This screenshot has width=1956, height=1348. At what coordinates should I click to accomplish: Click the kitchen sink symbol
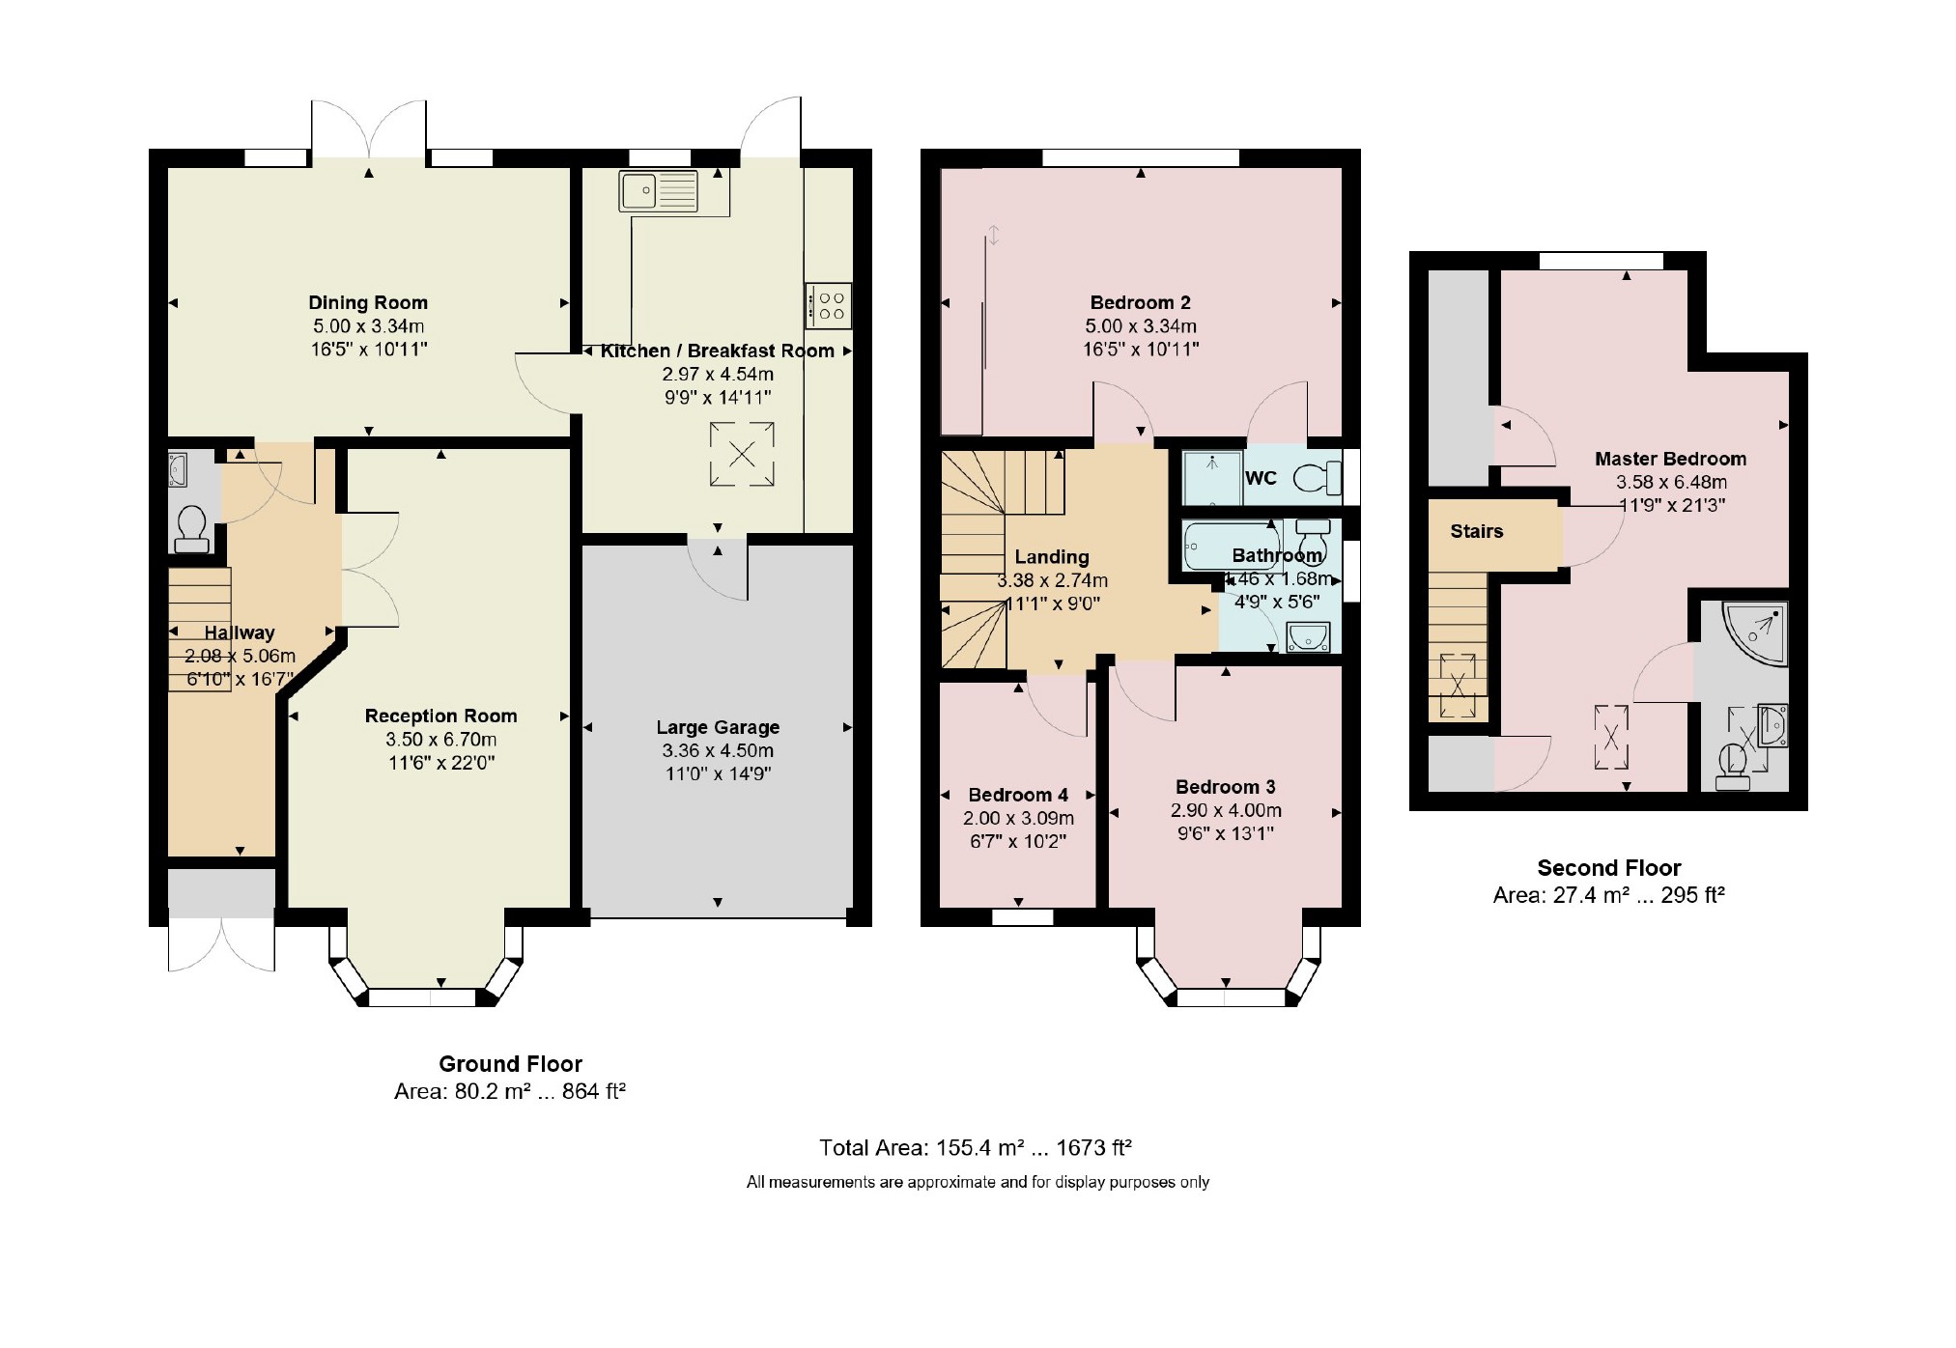(x=659, y=191)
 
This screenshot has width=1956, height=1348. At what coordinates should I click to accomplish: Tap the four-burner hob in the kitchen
(x=829, y=304)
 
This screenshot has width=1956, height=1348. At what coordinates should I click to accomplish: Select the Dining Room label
(x=368, y=302)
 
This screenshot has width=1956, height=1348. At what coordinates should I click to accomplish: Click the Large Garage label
(x=718, y=727)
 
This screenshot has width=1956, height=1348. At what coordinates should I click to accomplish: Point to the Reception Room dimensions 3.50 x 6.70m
(x=441, y=740)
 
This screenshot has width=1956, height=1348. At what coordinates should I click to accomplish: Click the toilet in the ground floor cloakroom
(x=191, y=528)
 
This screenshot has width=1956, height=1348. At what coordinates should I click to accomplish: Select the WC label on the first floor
(x=1261, y=478)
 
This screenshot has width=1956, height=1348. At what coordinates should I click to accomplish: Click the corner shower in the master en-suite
(x=1755, y=633)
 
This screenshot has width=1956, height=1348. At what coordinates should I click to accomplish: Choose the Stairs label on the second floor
(x=1477, y=531)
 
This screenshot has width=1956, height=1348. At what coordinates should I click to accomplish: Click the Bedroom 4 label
(x=1018, y=795)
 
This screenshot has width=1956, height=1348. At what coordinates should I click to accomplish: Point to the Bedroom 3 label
(x=1226, y=787)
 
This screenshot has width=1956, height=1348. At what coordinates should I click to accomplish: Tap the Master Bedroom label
(x=1670, y=459)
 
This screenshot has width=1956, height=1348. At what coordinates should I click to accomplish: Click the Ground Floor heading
(x=510, y=1064)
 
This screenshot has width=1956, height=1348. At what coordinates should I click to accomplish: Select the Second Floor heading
(x=1609, y=868)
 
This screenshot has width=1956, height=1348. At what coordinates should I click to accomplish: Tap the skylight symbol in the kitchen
(x=742, y=454)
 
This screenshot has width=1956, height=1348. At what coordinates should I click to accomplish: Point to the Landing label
(x=1052, y=557)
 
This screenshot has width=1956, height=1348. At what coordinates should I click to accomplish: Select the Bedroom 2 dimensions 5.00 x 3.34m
(x=1141, y=326)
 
